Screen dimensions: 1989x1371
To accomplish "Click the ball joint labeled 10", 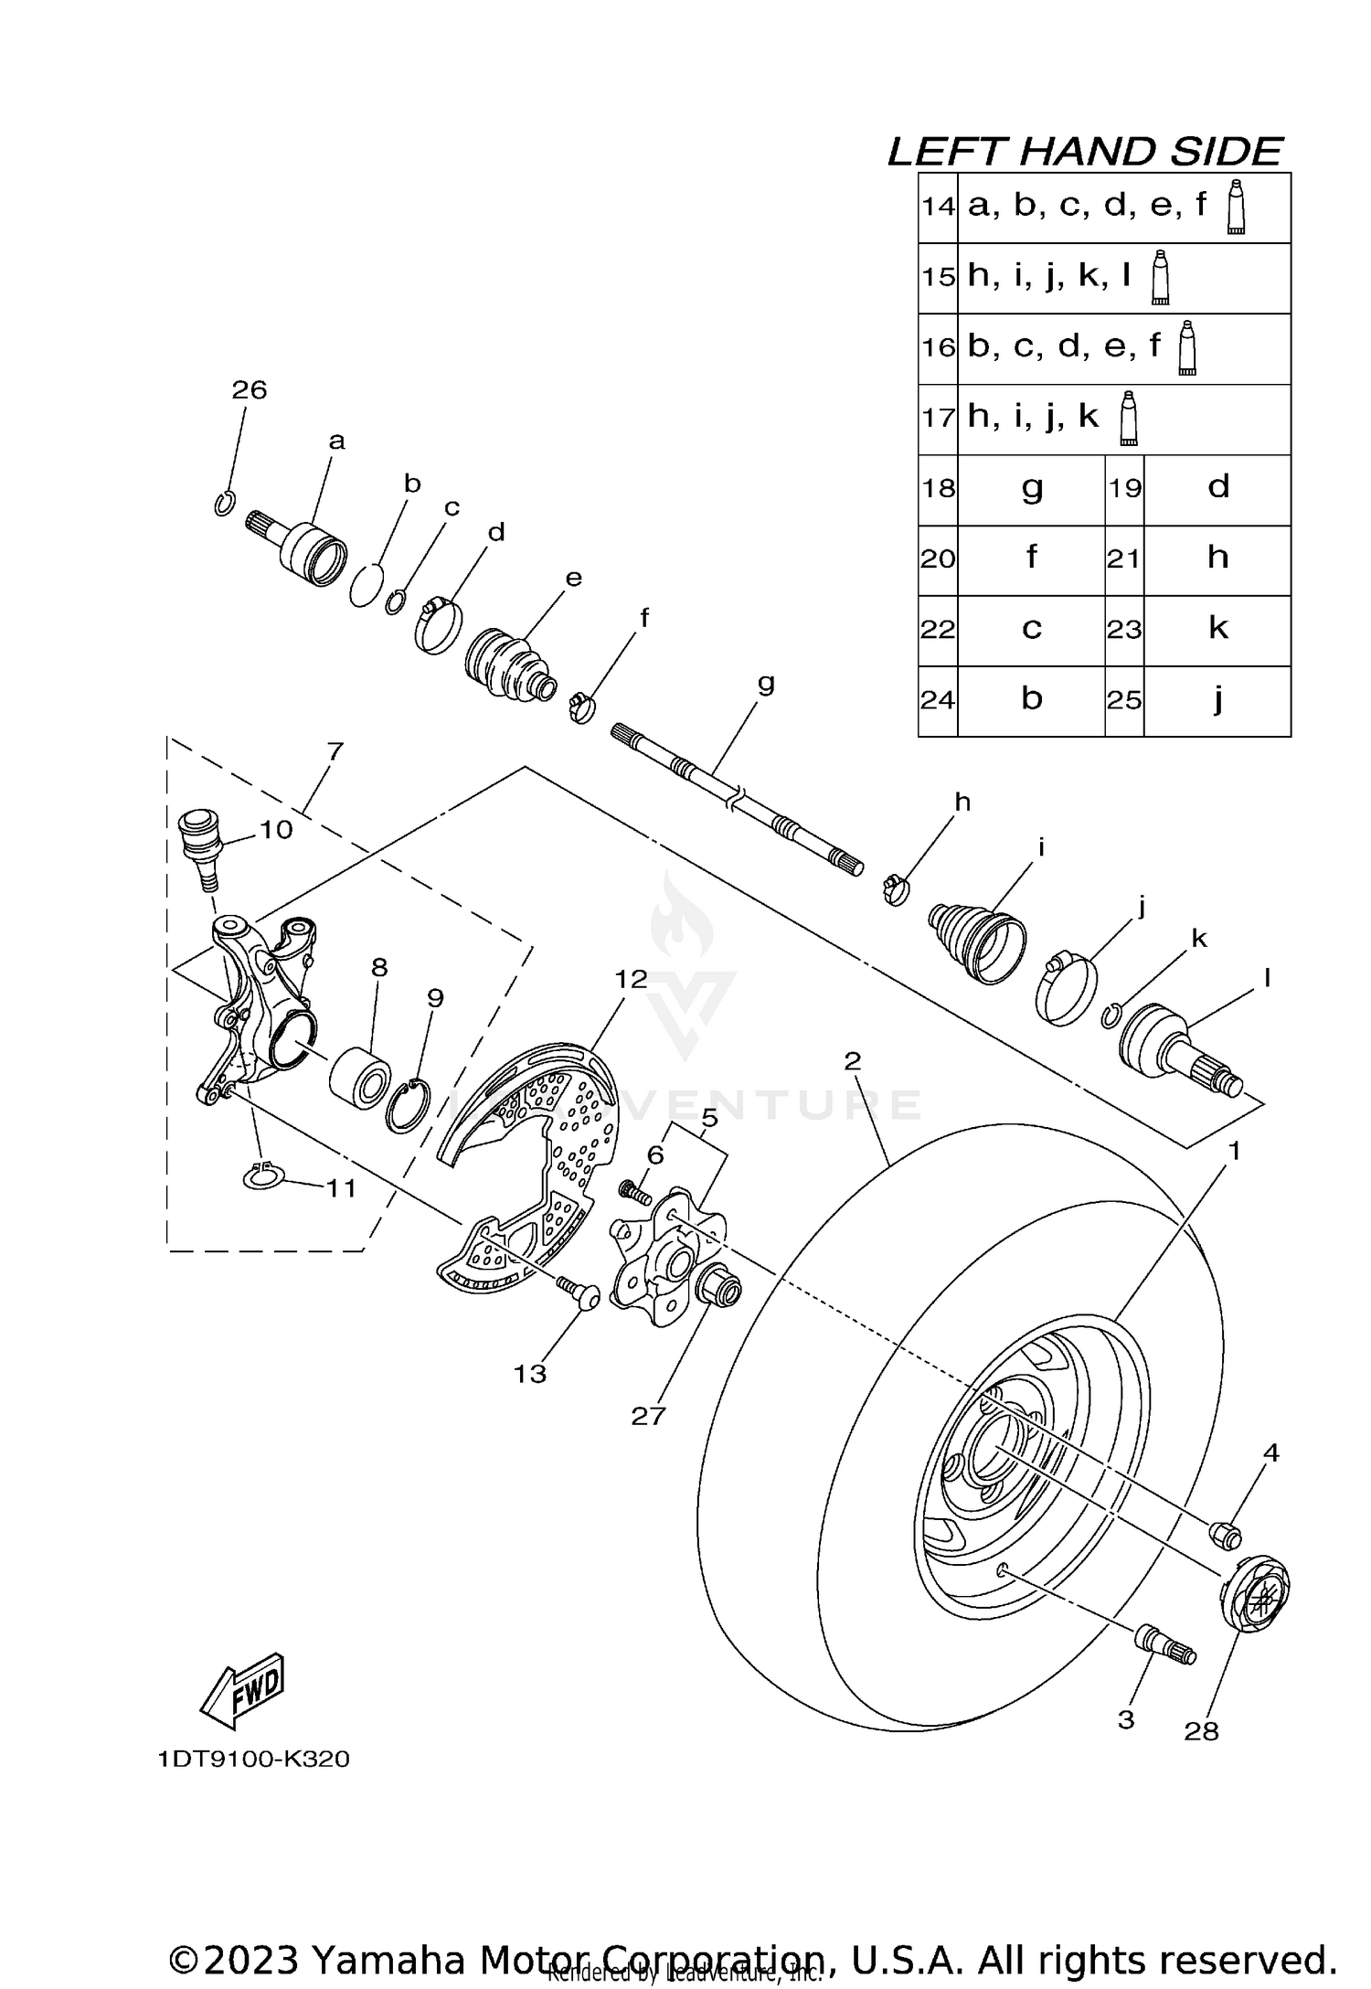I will click(x=197, y=841).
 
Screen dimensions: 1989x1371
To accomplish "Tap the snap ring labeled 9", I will click(x=409, y=1106).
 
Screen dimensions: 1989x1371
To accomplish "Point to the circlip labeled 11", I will click(x=264, y=1176).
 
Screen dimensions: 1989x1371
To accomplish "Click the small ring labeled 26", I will click(x=225, y=504).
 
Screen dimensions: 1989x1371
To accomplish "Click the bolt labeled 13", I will click(x=578, y=1292).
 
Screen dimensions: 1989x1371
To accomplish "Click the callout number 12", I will click(x=631, y=979).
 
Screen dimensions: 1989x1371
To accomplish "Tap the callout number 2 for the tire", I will click(x=852, y=1061).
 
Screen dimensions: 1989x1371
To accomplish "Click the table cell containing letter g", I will click(x=1031, y=488).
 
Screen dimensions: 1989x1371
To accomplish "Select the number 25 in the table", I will click(x=1124, y=700).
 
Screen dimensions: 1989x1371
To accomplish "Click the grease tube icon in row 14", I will click(x=1236, y=207).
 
